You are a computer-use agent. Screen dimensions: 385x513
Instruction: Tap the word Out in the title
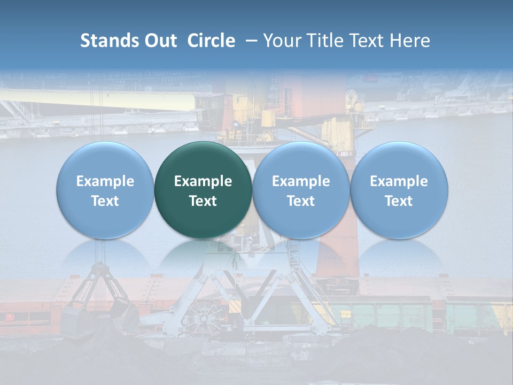[x=159, y=41]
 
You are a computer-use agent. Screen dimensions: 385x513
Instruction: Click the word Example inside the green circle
[x=203, y=181]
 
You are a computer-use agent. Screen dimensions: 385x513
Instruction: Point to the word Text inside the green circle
[x=203, y=201]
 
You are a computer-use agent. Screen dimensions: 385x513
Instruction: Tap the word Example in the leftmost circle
[x=105, y=181]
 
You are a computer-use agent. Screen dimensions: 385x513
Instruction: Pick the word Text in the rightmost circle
[x=399, y=201]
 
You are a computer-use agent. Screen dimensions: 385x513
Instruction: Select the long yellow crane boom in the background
[x=96, y=102]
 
